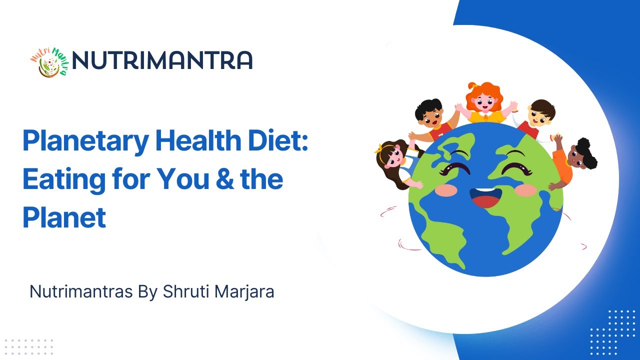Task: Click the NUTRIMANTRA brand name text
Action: click(x=162, y=60)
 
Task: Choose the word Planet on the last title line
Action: click(x=64, y=217)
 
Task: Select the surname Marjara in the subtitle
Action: click(x=244, y=291)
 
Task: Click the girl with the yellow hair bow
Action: click(x=395, y=160)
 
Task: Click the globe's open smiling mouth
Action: click(x=485, y=197)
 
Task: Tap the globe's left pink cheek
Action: click(x=445, y=189)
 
